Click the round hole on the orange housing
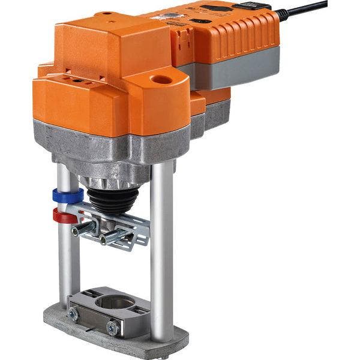coord(161,79)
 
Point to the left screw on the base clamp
coord(74,313)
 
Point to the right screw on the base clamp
coord(112,327)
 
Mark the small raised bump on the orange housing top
coord(106,13)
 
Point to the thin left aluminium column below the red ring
coord(67,258)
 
